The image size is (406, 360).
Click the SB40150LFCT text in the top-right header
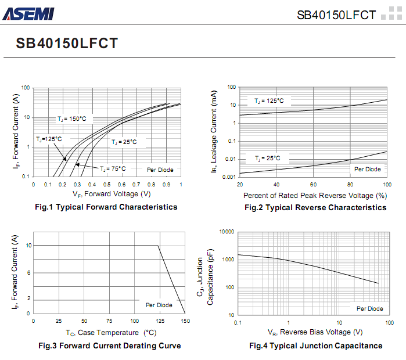pyautogui.click(x=336, y=15)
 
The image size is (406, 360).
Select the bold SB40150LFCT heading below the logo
pyautogui.click(x=67, y=44)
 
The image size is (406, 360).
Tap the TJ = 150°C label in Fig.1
pyautogui.click(x=71, y=118)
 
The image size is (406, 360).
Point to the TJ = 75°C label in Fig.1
pyautogui.click(x=112, y=168)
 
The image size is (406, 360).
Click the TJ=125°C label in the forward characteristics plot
pyautogui.click(x=49, y=139)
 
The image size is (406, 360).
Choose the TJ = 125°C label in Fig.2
pyautogui.click(x=269, y=101)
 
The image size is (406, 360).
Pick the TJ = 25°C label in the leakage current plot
pyautogui.click(x=267, y=158)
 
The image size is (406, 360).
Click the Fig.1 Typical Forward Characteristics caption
pyautogui.click(x=106, y=207)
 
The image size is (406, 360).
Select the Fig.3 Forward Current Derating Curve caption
pyautogui.click(x=109, y=345)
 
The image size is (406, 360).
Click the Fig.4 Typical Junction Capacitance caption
pyautogui.click(x=316, y=345)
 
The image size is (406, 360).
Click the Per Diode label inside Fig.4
pyautogui.click(x=370, y=308)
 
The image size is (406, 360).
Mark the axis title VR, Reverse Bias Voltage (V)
pyautogui.click(x=315, y=332)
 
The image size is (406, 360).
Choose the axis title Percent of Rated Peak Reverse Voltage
pyautogui.click(x=315, y=195)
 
